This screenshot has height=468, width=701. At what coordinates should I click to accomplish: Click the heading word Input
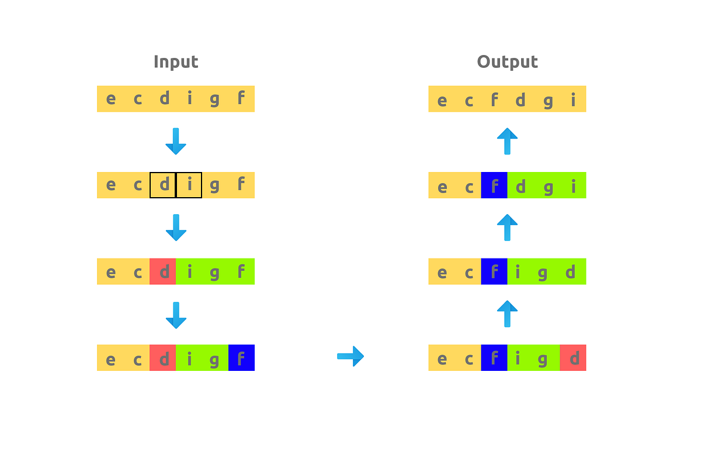point(176,62)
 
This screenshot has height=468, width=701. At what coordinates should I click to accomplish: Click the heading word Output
point(507,62)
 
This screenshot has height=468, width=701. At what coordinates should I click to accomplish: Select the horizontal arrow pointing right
point(350,356)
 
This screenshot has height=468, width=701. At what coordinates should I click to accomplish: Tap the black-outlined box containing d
point(163,185)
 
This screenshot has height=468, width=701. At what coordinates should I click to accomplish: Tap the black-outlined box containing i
point(189,185)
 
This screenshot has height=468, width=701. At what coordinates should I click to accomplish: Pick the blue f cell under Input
point(241,357)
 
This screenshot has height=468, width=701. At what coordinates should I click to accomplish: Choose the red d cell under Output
point(572,357)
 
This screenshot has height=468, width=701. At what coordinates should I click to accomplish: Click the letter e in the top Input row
point(110,99)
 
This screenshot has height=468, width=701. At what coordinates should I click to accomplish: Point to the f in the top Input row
point(241,99)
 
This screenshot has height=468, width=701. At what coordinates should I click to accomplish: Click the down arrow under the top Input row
point(176,141)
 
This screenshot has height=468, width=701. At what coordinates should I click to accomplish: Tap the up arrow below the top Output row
point(507,141)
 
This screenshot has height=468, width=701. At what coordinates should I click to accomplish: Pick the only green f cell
point(241,271)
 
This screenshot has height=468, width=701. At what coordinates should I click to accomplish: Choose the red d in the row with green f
point(163,271)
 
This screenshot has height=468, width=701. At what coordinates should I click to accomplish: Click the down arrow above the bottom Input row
point(176,314)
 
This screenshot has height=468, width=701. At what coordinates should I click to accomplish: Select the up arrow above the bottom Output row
point(507,314)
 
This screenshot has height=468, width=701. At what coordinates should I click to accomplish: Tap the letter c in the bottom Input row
point(137,357)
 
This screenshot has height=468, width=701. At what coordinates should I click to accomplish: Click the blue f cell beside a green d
point(494,185)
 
